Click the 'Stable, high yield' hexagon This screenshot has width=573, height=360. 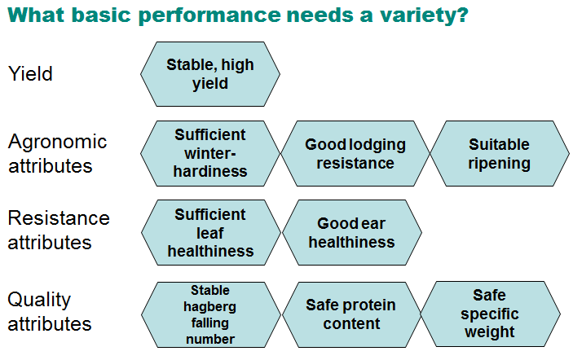point(210,74)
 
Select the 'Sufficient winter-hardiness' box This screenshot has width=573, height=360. point(210,153)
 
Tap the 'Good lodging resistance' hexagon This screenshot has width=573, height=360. point(355,153)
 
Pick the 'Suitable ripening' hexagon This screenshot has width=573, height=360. point(500,153)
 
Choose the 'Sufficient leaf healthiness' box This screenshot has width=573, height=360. point(211,233)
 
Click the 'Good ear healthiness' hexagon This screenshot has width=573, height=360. point(352,233)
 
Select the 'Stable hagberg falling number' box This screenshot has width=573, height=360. point(211,314)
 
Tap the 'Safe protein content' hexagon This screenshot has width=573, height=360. point(351,314)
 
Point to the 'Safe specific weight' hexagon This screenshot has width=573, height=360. point(491,314)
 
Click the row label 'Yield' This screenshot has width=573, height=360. point(30,74)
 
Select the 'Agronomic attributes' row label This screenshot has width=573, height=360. point(57,153)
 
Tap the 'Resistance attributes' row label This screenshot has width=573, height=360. point(59,230)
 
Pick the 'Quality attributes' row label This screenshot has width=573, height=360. point(50,311)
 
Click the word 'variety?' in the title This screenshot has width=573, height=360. point(424,15)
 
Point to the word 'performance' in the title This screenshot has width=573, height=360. point(209,16)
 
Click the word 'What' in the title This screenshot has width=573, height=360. point(36,14)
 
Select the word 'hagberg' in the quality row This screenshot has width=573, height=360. point(209,307)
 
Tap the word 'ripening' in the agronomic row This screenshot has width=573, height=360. point(499,164)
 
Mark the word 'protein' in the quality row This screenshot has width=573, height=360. point(370,305)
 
